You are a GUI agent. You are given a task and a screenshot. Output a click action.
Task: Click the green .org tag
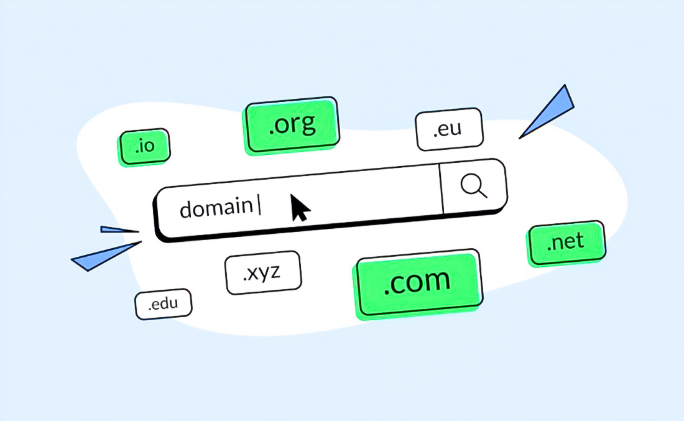(x=292, y=125)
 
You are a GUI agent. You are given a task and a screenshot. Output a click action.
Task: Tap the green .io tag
(x=144, y=147)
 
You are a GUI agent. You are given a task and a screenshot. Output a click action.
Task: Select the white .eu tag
(x=450, y=129)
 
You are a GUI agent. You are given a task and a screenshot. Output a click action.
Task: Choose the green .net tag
(x=566, y=243)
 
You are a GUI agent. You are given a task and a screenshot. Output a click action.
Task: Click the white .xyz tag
(x=263, y=272)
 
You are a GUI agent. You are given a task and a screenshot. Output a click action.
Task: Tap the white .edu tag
(x=163, y=304)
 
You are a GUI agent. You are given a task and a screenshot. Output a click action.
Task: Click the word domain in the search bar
(x=216, y=208)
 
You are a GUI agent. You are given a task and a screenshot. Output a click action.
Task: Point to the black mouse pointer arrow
(x=299, y=208)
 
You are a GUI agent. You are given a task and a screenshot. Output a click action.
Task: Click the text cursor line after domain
(x=259, y=205)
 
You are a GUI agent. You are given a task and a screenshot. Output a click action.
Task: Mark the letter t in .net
(x=580, y=241)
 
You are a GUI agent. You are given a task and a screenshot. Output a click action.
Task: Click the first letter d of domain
(x=186, y=209)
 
